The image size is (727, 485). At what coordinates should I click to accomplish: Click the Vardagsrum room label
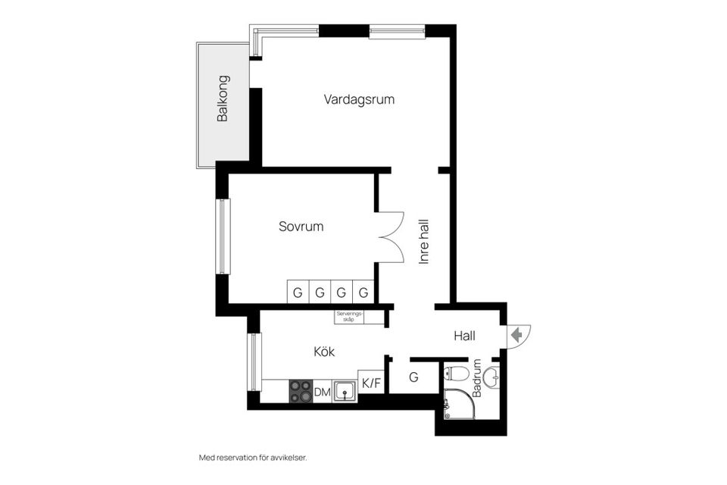pos(359,99)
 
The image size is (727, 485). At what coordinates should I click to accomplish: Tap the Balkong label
pos(223,99)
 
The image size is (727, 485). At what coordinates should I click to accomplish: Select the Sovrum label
pos(301,226)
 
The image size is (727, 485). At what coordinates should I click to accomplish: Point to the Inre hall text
pos(424,241)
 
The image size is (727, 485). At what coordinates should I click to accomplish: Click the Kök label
pos(324,352)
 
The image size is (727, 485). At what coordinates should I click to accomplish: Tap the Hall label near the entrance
pos(465,335)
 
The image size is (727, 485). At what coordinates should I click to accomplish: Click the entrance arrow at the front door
pos(518,335)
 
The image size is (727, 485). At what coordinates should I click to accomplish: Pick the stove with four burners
pos(300,391)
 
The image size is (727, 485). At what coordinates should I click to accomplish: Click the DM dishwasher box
pos(322,392)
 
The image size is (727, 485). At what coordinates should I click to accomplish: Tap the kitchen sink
pos(345,391)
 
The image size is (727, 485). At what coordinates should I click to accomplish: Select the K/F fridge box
pos(371,383)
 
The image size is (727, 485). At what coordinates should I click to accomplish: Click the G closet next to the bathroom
pos(413,377)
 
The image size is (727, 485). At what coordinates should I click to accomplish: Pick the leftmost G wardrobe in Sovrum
pos(298,292)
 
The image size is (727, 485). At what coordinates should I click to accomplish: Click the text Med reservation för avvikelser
pos(252,458)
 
